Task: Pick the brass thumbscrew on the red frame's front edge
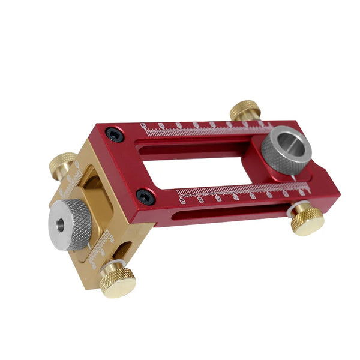[x=307, y=217]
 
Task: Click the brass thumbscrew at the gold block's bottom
[x=118, y=279]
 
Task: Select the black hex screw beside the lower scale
[x=145, y=196]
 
